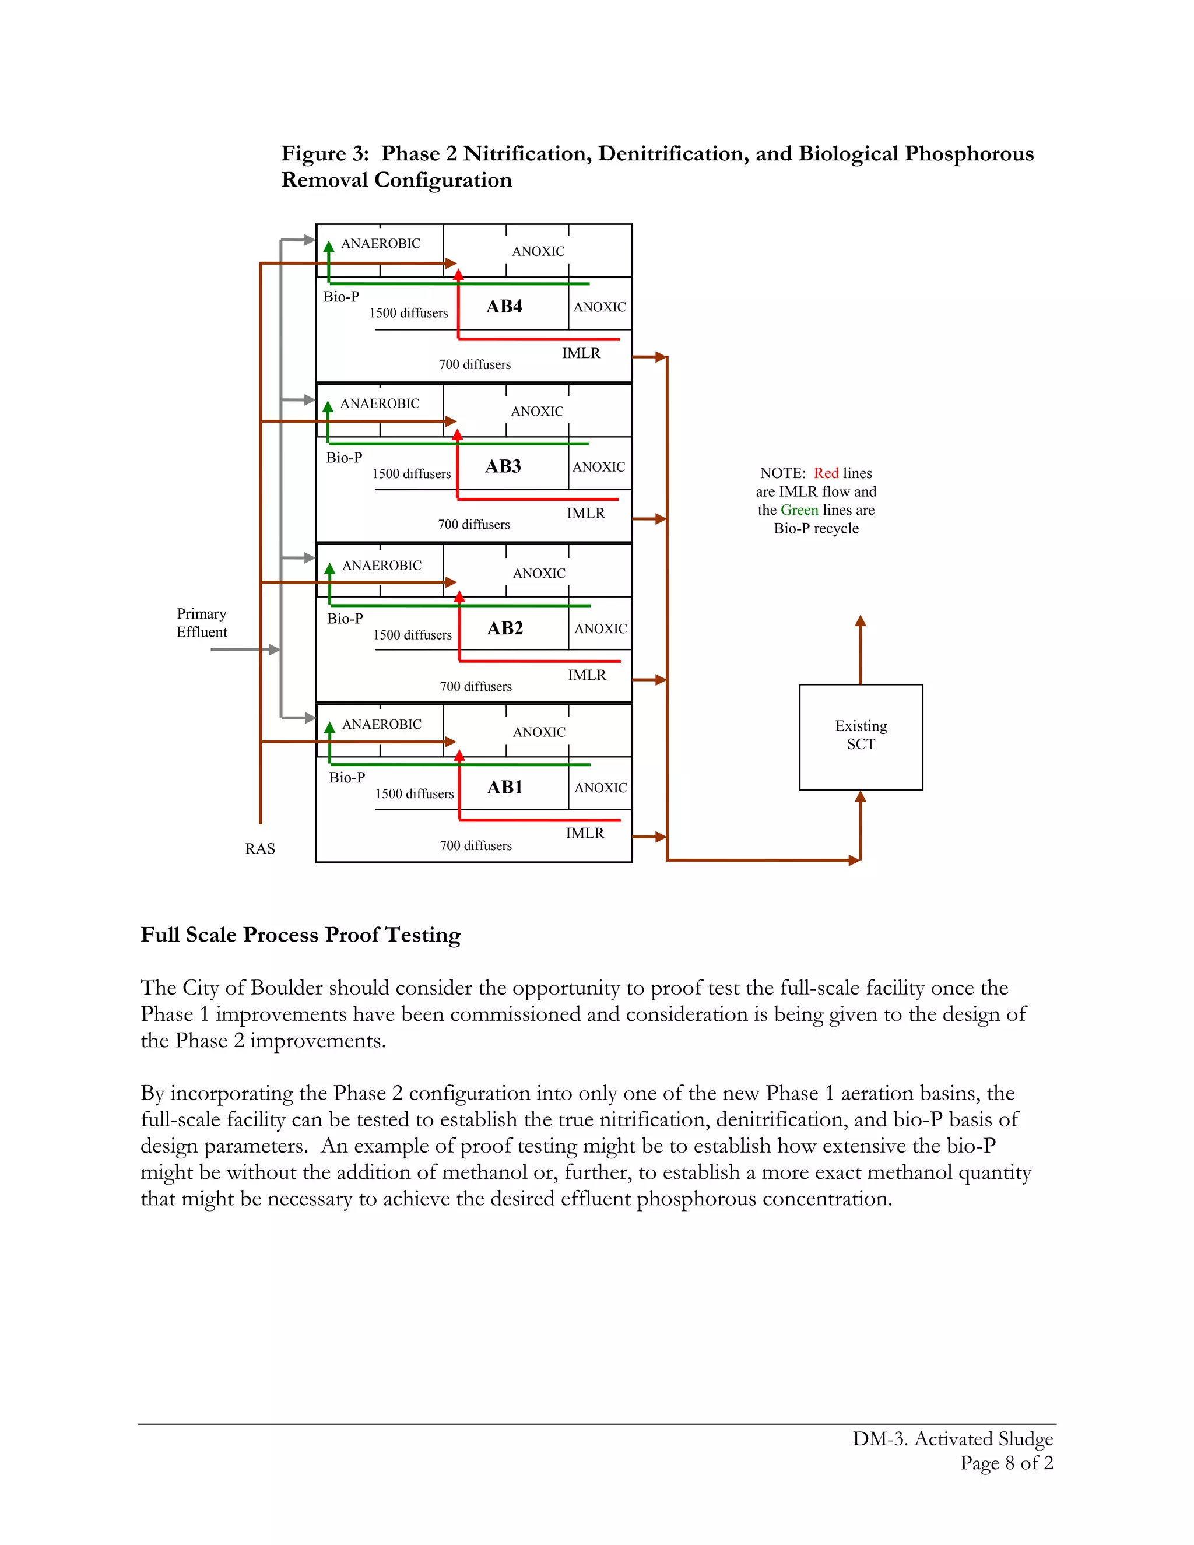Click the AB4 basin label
pyautogui.click(x=504, y=306)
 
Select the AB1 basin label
pyautogui.click(x=504, y=787)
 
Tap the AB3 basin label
pyautogui.click(x=503, y=466)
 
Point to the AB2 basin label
pyautogui.click(x=504, y=628)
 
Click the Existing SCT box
pyautogui.click(x=861, y=736)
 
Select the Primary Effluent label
pyautogui.click(x=202, y=623)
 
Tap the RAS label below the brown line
pyautogui.click(x=259, y=848)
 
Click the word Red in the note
pyautogui.click(x=826, y=473)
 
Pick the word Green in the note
pyautogui.click(x=799, y=510)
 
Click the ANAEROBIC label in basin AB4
pyautogui.click(x=381, y=243)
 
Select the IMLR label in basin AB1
pyautogui.click(x=585, y=833)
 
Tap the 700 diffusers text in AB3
pyautogui.click(x=474, y=524)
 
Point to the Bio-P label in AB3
pyautogui.click(x=344, y=458)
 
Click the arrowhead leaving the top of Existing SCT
pyautogui.click(x=860, y=621)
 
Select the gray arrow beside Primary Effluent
pyautogui.click(x=244, y=649)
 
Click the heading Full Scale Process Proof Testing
pyautogui.click(x=301, y=935)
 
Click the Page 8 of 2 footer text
pyautogui.click(x=1006, y=1462)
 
